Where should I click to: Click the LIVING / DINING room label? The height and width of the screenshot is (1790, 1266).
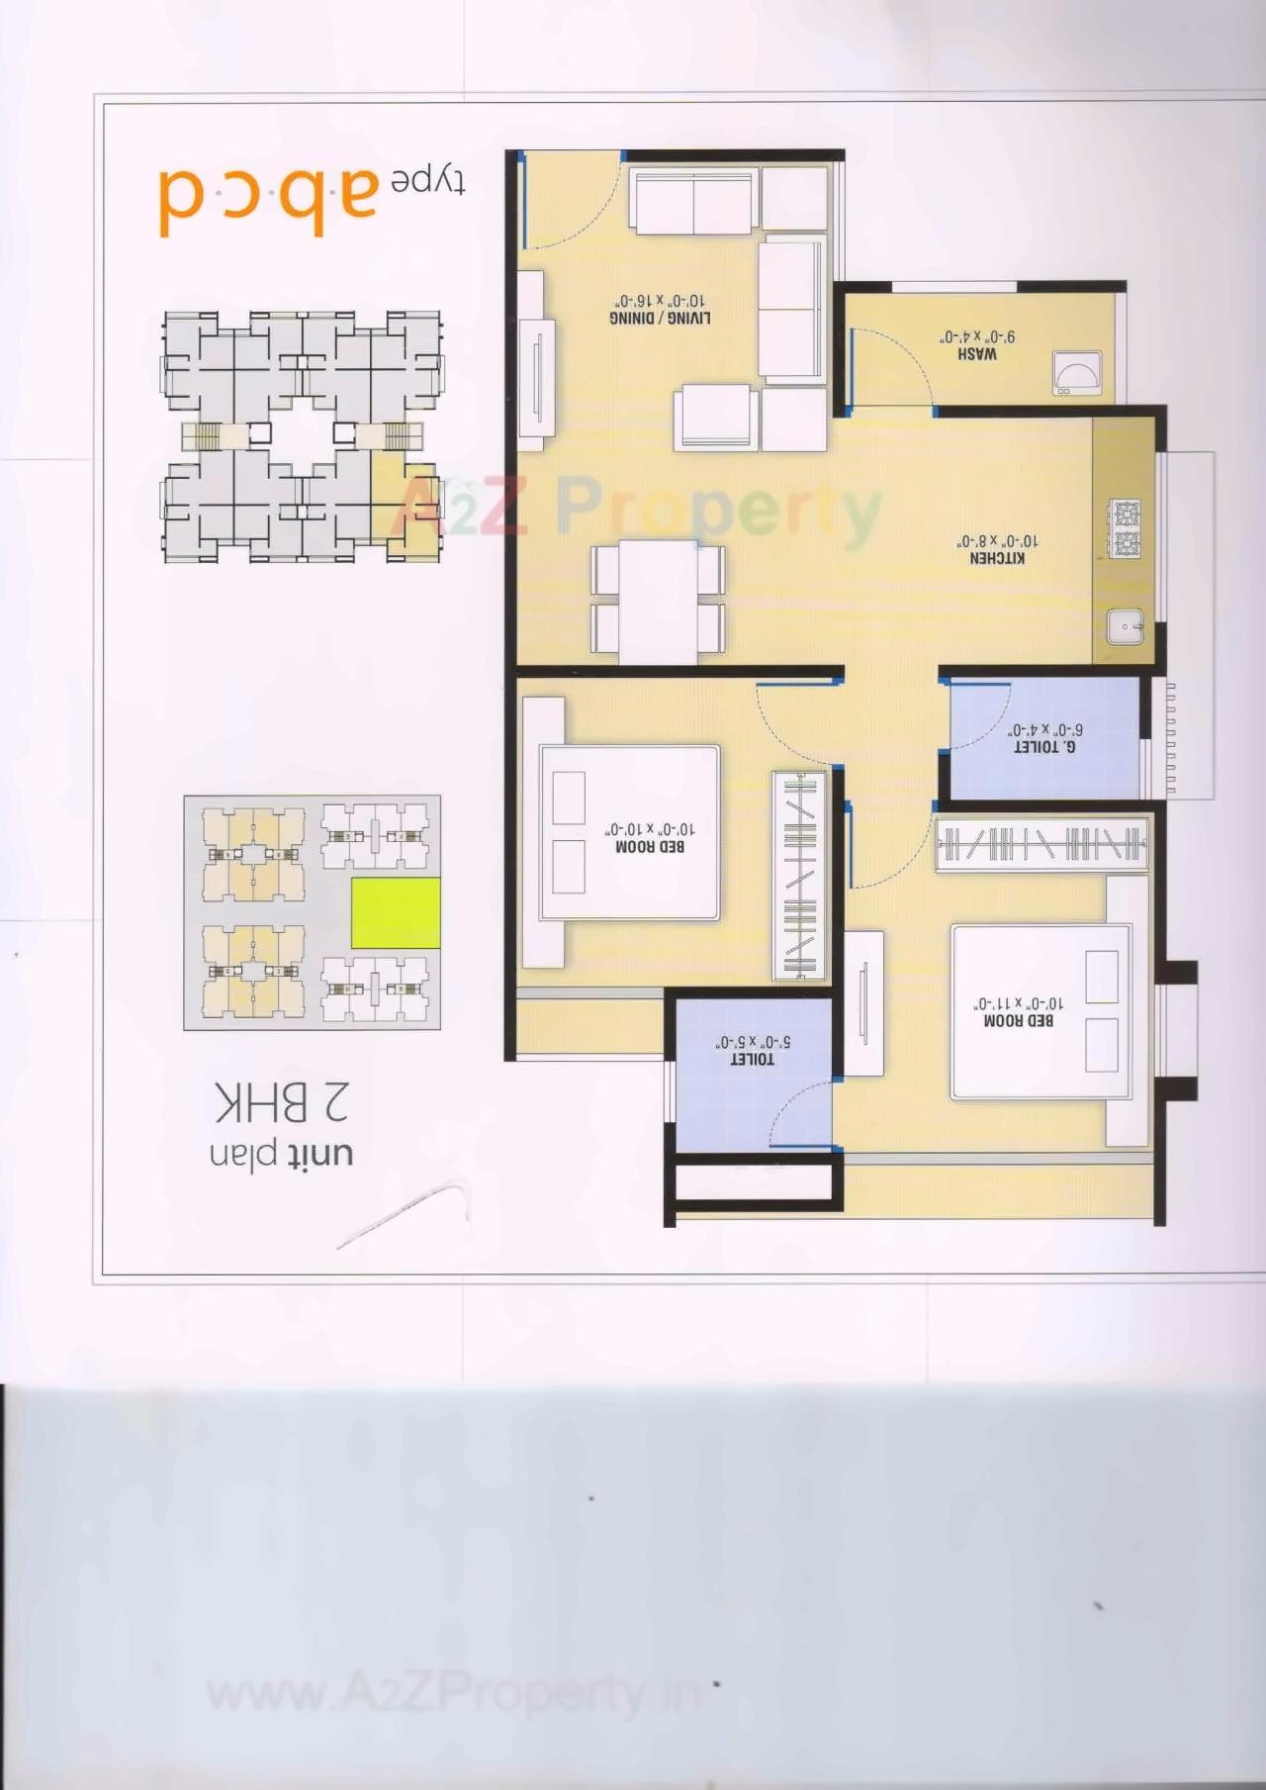660,318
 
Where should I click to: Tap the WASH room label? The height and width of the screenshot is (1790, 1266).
977,353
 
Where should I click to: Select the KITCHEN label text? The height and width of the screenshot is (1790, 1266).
997,559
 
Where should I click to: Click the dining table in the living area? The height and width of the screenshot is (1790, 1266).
658,602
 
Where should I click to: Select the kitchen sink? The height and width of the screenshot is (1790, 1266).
1125,626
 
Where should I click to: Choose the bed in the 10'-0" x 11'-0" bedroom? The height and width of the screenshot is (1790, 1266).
1040,1011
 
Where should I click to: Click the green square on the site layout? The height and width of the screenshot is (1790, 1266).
396,912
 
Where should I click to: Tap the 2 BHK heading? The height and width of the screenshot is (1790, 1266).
281,1102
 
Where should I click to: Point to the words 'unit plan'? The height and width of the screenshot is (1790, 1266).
281,1153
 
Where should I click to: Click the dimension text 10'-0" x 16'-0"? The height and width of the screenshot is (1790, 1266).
660,300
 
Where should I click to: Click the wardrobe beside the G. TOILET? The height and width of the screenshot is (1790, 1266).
1041,844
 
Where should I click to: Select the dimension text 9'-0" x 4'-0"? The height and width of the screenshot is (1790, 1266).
977,336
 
